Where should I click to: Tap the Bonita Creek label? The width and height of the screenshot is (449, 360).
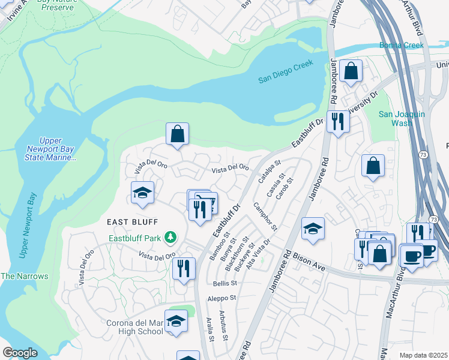(402, 45)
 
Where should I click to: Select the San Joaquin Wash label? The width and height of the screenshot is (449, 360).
(402, 118)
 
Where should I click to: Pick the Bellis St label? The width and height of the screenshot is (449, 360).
(226, 283)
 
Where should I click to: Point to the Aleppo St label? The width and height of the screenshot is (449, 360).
(222, 298)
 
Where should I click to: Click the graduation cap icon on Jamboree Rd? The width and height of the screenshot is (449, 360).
(313, 229)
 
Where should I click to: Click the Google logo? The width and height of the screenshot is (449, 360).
(20, 353)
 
